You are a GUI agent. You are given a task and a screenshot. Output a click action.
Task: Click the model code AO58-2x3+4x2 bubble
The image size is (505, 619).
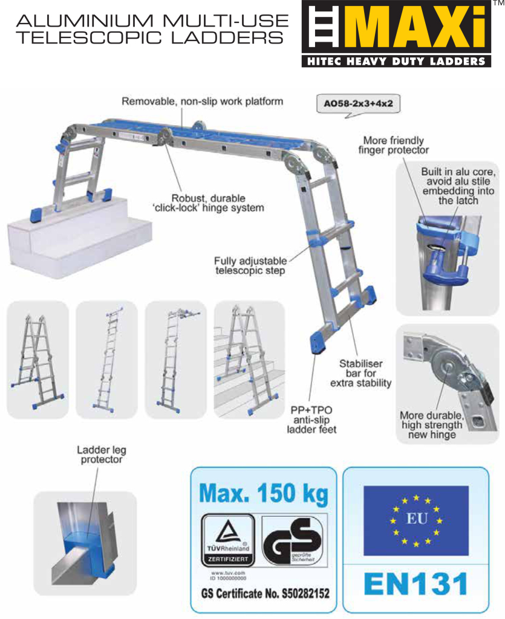[x=359, y=103]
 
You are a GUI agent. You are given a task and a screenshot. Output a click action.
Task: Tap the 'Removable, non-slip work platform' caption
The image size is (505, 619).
[x=203, y=102]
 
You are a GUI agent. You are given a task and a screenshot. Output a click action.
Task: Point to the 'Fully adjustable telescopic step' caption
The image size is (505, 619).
[x=250, y=266]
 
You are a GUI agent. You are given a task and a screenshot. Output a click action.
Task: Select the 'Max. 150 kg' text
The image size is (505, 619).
[x=264, y=494]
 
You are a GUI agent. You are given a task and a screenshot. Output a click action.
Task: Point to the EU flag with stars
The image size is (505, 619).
[x=415, y=520]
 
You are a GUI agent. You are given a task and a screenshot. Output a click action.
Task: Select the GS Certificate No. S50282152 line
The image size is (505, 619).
[x=265, y=593]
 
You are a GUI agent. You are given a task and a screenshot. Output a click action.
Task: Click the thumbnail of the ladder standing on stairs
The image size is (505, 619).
[x=249, y=359]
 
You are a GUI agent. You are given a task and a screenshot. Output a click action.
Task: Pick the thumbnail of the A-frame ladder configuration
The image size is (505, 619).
[x=37, y=359]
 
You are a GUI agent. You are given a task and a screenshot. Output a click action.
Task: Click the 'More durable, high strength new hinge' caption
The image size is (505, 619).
[x=432, y=425]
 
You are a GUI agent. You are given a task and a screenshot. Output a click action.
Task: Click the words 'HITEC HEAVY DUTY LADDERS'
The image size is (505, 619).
[x=396, y=61]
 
